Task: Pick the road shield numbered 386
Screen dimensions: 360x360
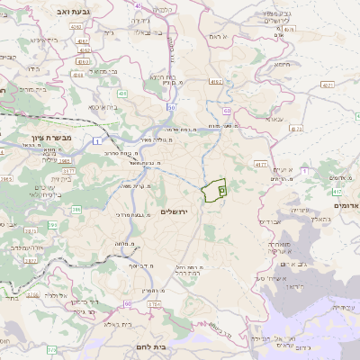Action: pos(77,209)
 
